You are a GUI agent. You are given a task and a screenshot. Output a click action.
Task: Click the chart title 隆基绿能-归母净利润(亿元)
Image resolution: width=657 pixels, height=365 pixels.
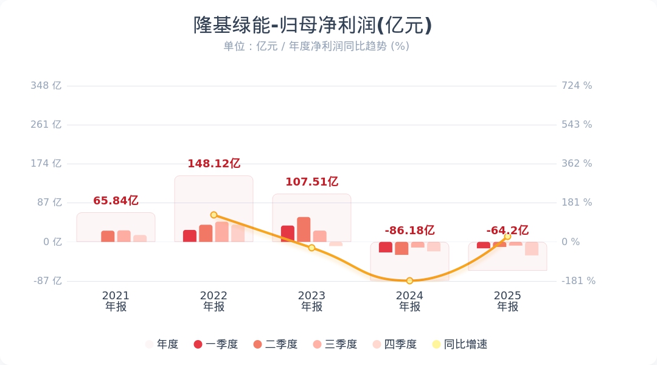tap(313, 26)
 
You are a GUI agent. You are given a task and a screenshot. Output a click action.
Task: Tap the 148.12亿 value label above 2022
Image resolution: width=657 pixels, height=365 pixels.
tap(214, 164)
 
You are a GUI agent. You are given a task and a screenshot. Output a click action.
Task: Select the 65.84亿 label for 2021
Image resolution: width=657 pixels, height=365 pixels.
tap(116, 201)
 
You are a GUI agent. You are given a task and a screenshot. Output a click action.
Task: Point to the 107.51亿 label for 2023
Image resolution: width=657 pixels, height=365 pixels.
tap(311, 182)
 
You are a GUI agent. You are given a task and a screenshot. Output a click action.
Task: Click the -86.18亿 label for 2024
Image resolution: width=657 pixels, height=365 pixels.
tap(409, 231)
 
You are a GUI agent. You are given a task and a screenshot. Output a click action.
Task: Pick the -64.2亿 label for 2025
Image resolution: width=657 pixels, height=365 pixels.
tap(507, 231)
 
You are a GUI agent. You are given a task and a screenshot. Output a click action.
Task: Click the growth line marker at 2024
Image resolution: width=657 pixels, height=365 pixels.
tap(409, 280)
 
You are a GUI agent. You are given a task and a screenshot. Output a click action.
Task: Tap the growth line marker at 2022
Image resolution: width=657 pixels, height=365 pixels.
tap(214, 215)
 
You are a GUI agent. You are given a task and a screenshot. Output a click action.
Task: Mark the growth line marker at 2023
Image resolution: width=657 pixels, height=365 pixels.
tap(311, 248)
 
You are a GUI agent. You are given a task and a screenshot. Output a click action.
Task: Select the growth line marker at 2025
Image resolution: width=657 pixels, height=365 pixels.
tap(507, 237)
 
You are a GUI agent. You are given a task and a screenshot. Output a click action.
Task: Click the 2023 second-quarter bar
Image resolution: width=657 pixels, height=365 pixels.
tap(304, 229)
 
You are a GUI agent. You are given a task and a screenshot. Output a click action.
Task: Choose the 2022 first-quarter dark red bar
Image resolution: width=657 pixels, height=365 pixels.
tap(190, 236)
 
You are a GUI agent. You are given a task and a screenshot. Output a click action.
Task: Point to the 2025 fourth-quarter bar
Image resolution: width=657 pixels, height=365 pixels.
tap(532, 248)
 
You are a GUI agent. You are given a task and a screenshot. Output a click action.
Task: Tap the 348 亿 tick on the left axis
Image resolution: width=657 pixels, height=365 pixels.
tap(46, 86)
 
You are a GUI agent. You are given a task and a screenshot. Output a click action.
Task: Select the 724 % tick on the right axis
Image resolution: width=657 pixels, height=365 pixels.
tap(577, 86)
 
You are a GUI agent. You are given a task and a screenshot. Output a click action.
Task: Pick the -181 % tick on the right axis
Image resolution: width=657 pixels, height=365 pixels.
tap(578, 281)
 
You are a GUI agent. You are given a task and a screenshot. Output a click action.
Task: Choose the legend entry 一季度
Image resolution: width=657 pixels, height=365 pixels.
tap(215, 344)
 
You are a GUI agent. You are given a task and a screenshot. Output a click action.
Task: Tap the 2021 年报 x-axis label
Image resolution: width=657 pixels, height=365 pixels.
tap(116, 301)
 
